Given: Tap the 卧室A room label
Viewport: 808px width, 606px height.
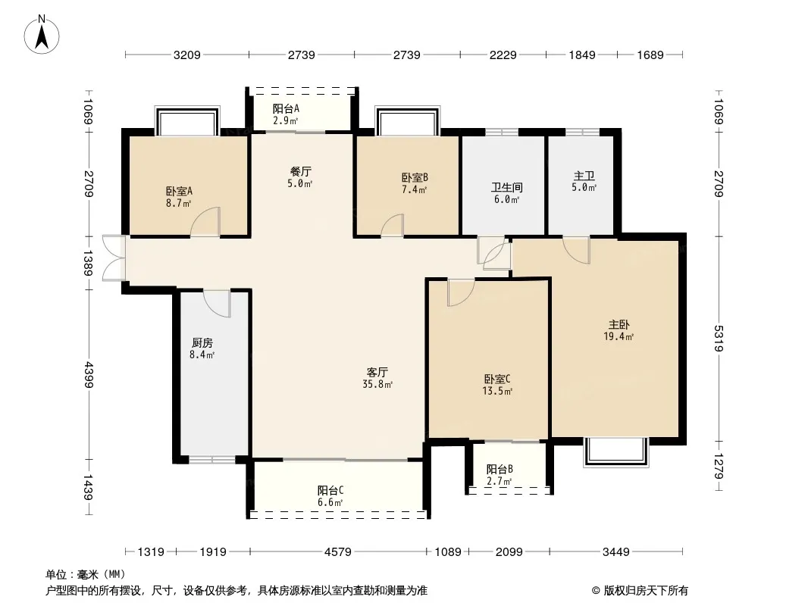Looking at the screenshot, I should click(179, 191).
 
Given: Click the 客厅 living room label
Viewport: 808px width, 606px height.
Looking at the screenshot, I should click(377, 372).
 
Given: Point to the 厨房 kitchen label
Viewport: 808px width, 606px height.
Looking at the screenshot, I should click(202, 342).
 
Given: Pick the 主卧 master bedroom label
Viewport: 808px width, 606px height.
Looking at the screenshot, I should click(619, 324).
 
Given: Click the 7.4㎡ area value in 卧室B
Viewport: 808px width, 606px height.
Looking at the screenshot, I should click(415, 190).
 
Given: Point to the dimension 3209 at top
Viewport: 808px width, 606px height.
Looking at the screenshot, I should click(186, 55).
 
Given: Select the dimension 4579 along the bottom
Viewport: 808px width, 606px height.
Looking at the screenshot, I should click(338, 552).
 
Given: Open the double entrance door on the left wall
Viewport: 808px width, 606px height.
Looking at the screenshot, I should click(113, 258).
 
